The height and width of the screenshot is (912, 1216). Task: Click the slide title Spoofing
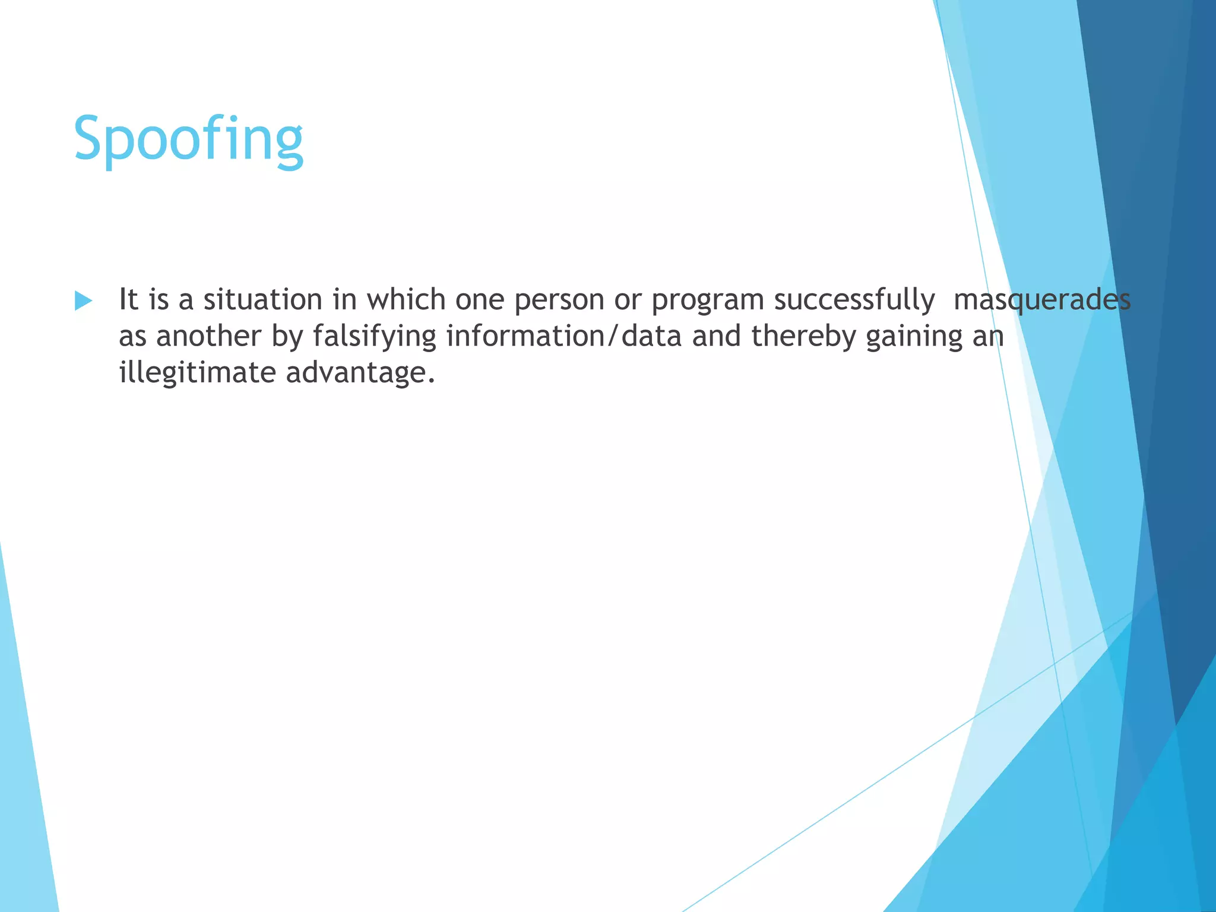coord(188,139)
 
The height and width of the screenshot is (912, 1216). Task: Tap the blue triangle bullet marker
coord(83,301)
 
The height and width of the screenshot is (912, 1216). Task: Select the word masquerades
coord(1041,299)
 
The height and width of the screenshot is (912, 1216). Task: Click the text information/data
coord(563,336)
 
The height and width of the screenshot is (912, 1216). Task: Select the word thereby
coord(803,337)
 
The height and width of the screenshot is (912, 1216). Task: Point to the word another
coord(208,336)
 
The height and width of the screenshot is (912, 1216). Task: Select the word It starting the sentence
coord(128,299)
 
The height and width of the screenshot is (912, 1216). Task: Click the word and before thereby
coord(716,336)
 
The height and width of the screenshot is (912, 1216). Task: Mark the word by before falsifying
coord(287,337)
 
